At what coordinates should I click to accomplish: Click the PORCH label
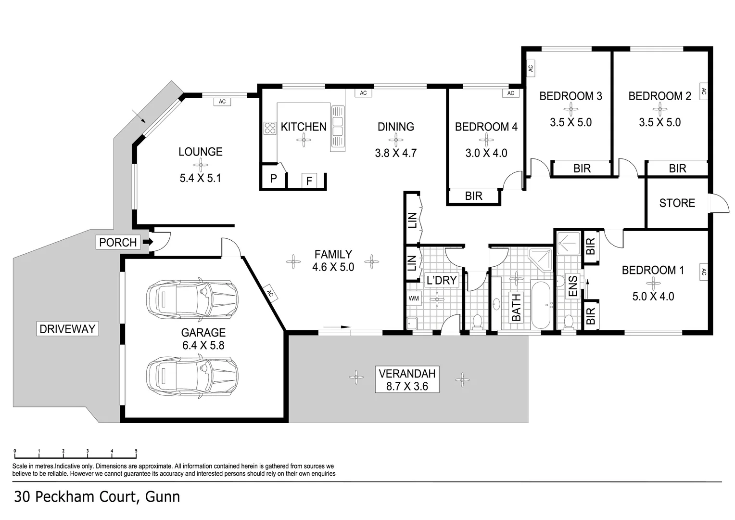(x=118, y=242)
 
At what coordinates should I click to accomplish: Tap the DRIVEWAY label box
(x=67, y=329)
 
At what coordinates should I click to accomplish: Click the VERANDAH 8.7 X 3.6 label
(x=407, y=379)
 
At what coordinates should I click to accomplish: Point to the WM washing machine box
(x=414, y=299)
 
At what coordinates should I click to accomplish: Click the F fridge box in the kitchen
(x=309, y=181)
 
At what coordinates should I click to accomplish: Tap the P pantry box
(x=273, y=179)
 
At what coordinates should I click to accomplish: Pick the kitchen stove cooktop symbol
(x=269, y=128)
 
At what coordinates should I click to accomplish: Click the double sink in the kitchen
(x=338, y=127)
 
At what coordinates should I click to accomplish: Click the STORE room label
(x=677, y=203)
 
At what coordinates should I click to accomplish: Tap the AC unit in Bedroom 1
(x=703, y=273)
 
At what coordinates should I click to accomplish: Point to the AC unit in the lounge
(x=222, y=102)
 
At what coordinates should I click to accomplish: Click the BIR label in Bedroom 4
(x=474, y=196)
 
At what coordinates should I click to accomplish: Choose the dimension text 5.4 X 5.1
(x=200, y=178)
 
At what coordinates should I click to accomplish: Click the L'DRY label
(x=441, y=280)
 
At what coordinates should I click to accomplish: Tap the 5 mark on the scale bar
(x=136, y=452)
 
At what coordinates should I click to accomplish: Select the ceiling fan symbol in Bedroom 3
(x=570, y=109)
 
